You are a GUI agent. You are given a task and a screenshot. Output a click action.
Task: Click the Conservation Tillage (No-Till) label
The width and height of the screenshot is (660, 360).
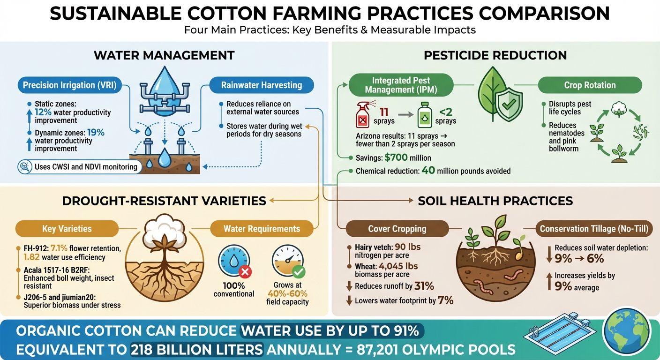pos(594,229)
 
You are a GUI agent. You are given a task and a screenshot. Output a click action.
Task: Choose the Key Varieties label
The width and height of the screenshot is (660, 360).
pos(60,229)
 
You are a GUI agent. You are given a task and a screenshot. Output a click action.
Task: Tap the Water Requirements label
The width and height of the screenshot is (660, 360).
pos(262,229)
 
